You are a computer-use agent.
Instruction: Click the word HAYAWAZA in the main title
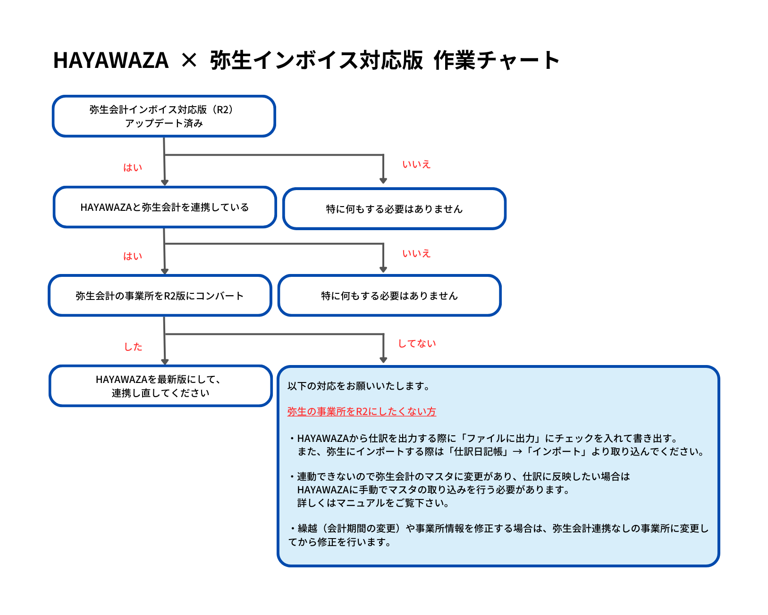pyautogui.click(x=110, y=60)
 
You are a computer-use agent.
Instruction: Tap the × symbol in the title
pyautogui.click(x=189, y=60)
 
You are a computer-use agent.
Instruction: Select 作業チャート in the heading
pyautogui.click(x=496, y=60)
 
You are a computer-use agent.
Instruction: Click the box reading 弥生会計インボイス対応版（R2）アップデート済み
pyautogui.click(x=164, y=116)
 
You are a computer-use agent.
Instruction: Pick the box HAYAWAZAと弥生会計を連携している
pyautogui.click(x=165, y=207)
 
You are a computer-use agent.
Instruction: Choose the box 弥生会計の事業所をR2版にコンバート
pyautogui.click(x=160, y=295)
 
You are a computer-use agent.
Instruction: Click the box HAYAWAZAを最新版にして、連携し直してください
pyautogui.click(x=160, y=386)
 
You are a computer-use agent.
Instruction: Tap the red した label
pyautogui.click(x=133, y=347)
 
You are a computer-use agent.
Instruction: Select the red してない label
pyautogui.click(x=417, y=343)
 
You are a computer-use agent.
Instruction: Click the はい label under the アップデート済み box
pyautogui.click(x=132, y=167)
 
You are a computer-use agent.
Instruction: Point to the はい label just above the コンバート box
pyautogui.click(x=132, y=256)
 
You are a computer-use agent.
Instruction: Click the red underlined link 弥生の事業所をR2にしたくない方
pyautogui.click(x=362, y=411)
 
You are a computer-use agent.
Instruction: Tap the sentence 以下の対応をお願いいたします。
pyautogui.click(x=360, y=386)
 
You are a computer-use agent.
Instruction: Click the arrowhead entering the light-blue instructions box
pyautogui.click(x=383, y=360)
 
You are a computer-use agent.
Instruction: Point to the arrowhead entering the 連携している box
pyautogui.click(x=165, y=183)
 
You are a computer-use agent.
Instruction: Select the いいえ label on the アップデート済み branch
pyautogui.click(x=416, y=164)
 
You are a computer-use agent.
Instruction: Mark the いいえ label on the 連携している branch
pyautogui.click(x=416, y=253)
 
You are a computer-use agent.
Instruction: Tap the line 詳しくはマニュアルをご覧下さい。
pyautogui.click(x=374, y=503)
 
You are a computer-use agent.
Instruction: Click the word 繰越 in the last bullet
pyautogui.click(x=307, y=528)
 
